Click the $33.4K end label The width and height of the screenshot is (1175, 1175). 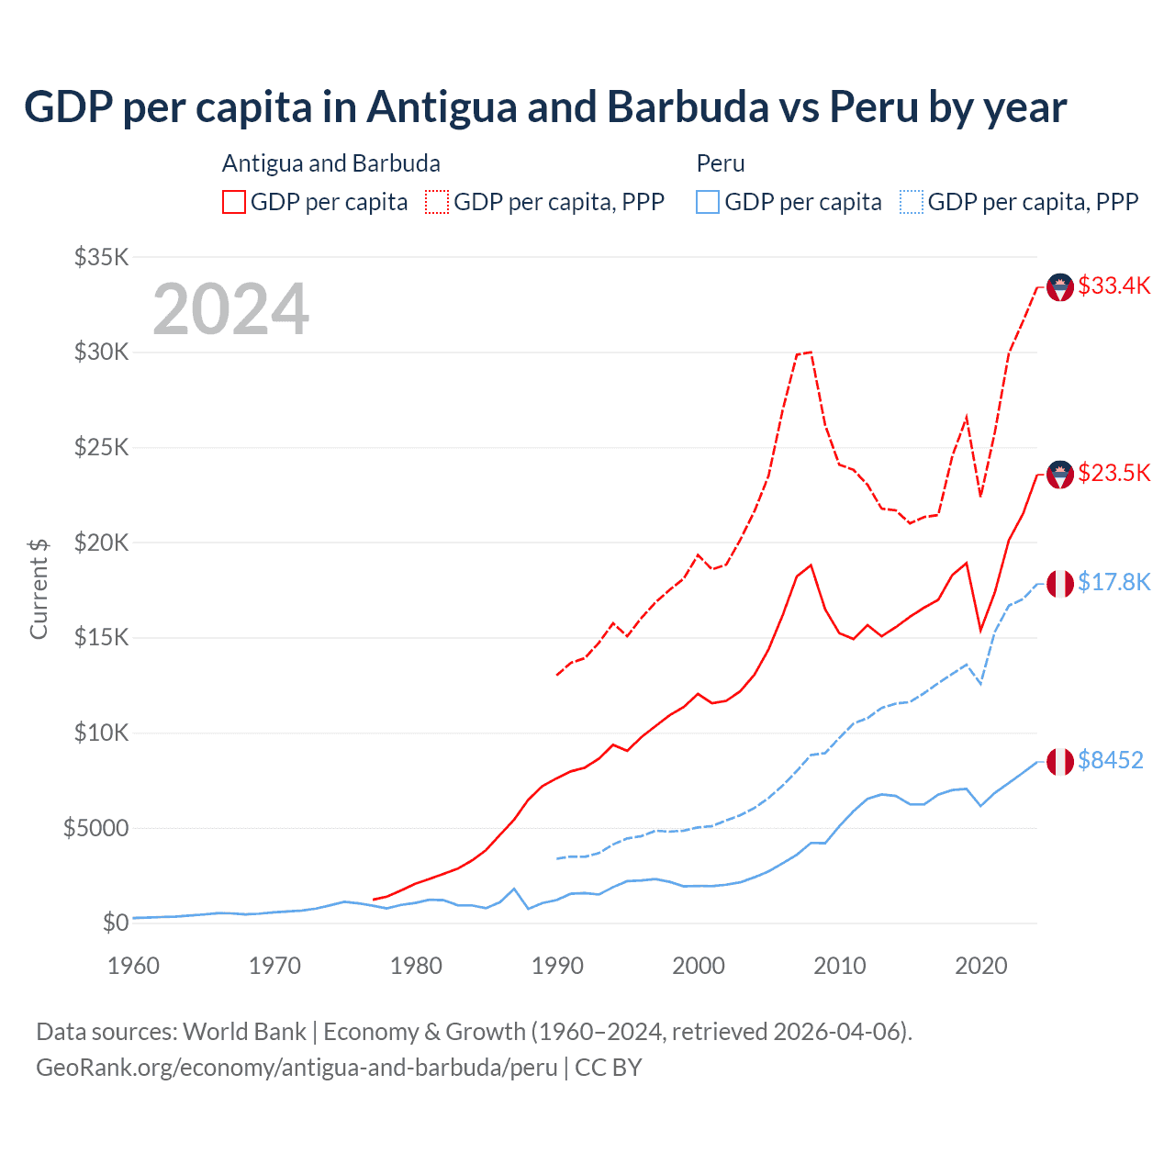click(1113, 285)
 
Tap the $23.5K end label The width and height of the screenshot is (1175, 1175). click(1113, 473)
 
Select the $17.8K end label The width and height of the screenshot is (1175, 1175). click(1113, 582)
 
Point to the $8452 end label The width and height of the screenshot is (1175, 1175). click(1110, 760)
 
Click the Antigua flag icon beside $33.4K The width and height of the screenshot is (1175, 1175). click(1060, 287)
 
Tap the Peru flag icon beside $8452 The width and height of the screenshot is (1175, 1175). click(1060, 762)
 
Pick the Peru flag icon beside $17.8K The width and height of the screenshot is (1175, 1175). click(1060, 584)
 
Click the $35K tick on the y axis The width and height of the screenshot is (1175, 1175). click(101, 257)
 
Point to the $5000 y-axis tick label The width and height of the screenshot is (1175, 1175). click(95, 828)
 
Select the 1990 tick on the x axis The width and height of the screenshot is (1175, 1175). click(557, 966)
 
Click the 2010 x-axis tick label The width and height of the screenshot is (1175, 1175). click(840, 966)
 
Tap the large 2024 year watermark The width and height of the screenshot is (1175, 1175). click(230, 309)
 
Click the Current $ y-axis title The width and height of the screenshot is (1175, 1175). click(39, 588)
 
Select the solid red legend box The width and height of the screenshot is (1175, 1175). click(234, 202)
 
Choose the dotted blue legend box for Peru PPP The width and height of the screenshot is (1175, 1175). click(912, 202)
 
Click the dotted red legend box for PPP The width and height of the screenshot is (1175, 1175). click(438, 202)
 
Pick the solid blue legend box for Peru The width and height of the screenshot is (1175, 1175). click(708, 202)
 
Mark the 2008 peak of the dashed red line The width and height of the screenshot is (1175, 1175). click(811, 352)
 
